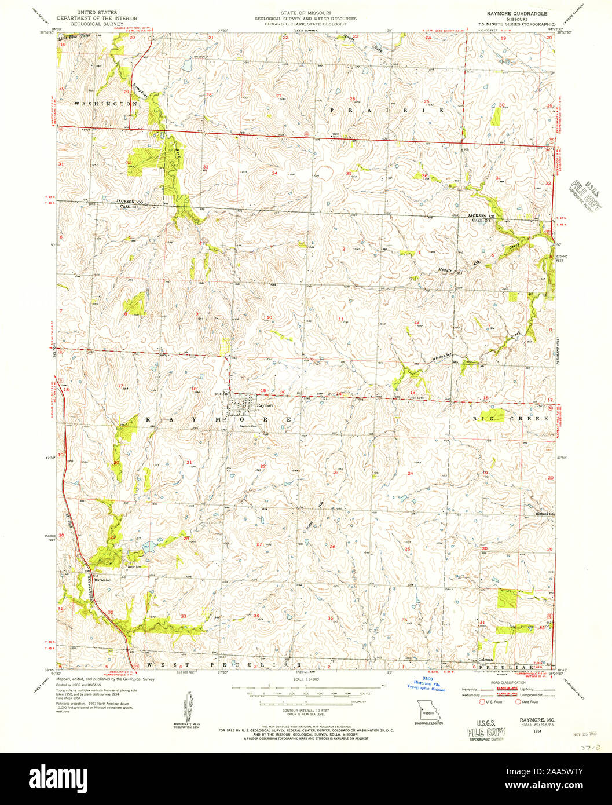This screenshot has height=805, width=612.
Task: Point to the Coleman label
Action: point(486,660)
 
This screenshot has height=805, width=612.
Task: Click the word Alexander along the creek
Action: point(440,358)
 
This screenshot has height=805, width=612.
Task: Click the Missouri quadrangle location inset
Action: point(428,709)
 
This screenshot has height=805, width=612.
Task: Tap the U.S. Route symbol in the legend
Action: point(482,702)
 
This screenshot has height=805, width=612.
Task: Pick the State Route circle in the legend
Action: point(518,702)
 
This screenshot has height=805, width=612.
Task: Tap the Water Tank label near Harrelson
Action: point(127,566)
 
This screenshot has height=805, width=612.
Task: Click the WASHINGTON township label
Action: point(105,103)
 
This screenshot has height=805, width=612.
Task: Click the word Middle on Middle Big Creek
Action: point(445,269)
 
